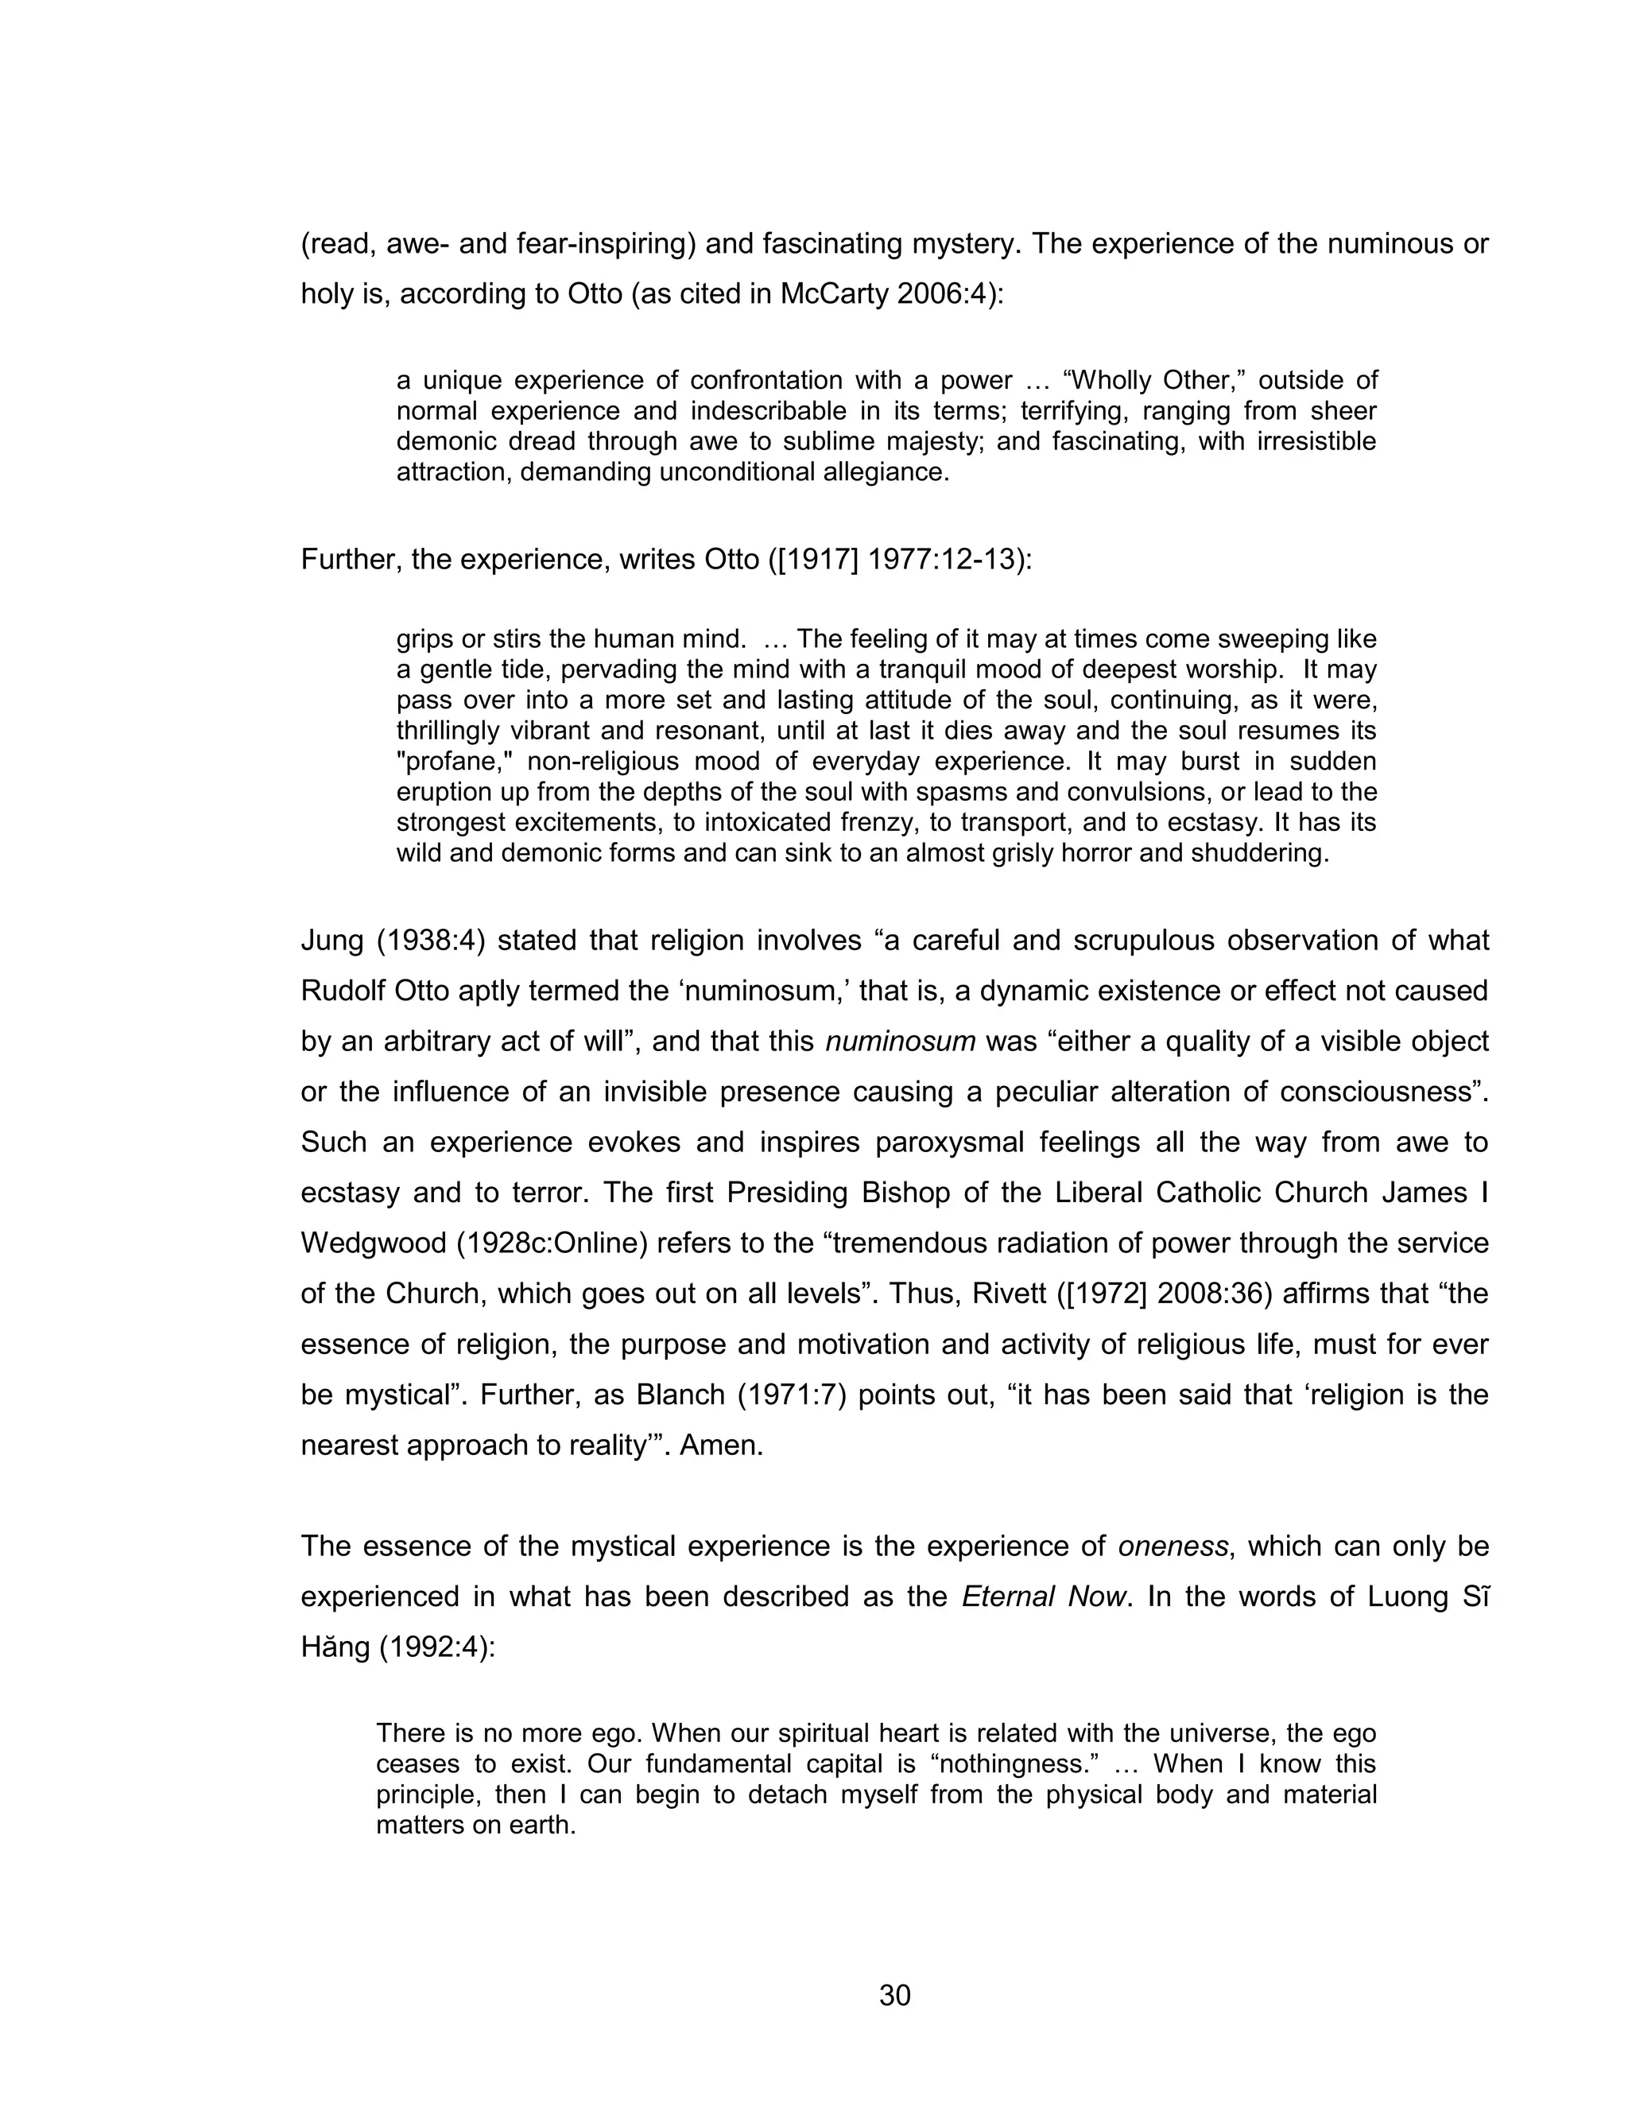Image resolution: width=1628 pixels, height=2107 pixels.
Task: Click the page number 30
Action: coord(894,1995)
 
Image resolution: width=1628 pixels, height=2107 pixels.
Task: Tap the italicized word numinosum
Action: coord(900,1042)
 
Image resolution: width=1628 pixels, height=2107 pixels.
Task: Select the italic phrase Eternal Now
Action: coord(1044,1597)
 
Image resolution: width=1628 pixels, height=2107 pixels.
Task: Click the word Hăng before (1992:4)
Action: coord(335,1647)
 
